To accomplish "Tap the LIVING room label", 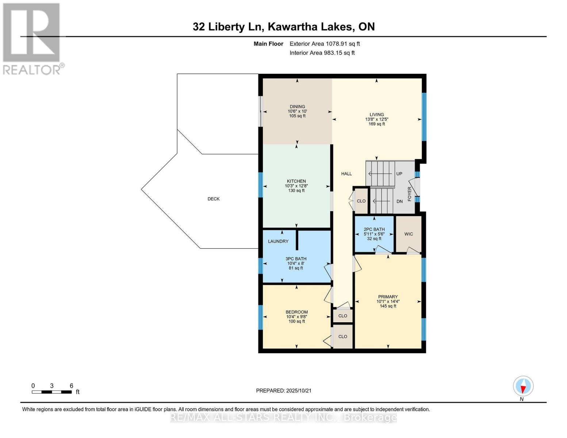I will [376, 115].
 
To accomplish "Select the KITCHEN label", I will [296, 181].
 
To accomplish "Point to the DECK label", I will [214, 199].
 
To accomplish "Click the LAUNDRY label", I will [278, 241].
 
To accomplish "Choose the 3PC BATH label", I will [296, 259].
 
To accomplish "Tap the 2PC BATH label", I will [374, 230].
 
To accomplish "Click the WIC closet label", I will [409, 234].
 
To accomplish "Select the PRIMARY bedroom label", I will [388, 297].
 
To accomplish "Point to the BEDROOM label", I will [296, 312].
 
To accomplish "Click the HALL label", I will [346, 174].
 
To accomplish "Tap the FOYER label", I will [410, 194].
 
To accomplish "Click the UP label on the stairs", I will [399, 174].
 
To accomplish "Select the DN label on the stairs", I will [399, 201].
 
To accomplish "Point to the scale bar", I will [51, 392].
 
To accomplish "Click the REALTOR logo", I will [32, 39].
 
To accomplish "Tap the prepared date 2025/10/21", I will [284, 391].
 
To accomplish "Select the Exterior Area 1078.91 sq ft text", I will [325, 44].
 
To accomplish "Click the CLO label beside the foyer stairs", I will [361, 201].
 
